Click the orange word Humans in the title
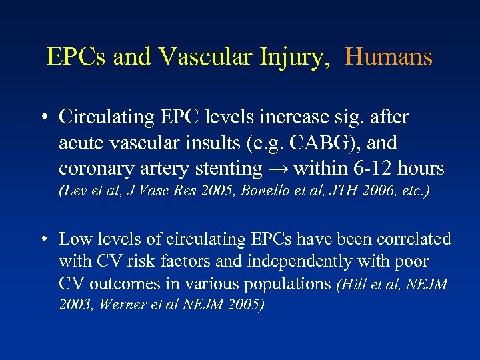point(389,57)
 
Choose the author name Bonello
point(279,191)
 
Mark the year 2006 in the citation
point(380,191)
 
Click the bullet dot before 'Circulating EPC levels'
point(42,117)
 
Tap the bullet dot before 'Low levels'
point(42,239)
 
